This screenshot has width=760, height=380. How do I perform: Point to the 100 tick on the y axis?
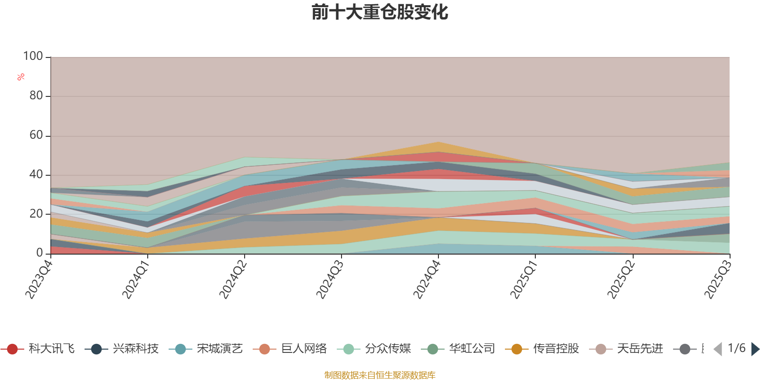tap(33, 57)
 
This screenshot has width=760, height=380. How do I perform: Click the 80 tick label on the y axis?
tap(36, 96)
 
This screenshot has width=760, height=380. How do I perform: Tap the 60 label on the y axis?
tap(36, 135)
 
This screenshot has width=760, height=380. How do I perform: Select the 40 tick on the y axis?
tap(36, 175)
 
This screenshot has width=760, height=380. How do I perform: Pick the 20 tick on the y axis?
tap(36, 214)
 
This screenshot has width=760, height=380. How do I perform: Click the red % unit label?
tap(21, 77)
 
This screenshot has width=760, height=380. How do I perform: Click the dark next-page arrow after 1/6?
tap(755, 350)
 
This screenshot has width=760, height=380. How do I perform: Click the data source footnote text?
tap(380, 375)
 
